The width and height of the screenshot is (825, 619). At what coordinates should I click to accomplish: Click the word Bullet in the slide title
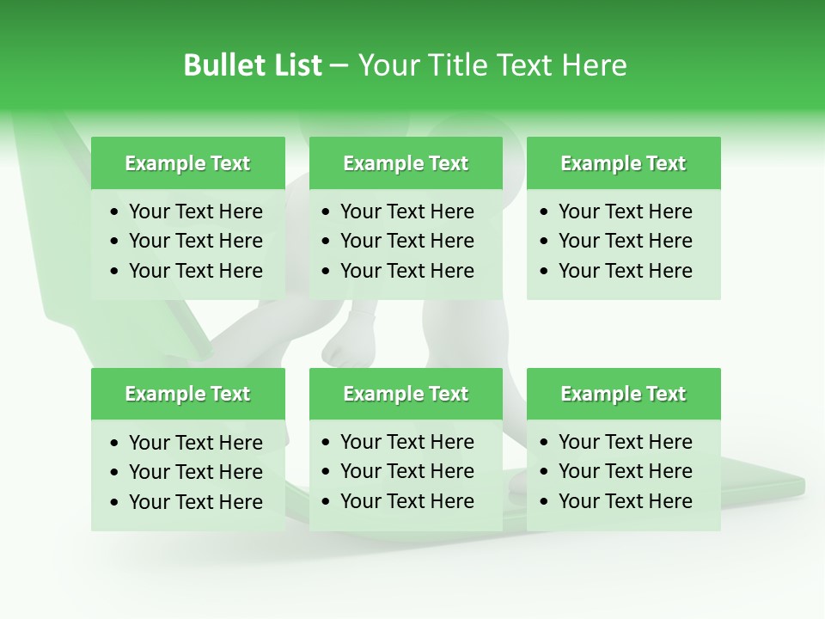[x=222, y=65]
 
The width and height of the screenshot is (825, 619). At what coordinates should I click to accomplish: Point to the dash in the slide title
[x=339, y=66]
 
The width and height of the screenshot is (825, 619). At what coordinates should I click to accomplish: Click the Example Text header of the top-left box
[x=187, y=163]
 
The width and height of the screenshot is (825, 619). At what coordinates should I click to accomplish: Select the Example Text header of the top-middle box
[x=406, y=163]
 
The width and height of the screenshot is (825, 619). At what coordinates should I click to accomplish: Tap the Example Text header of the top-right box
[x=623, y=163]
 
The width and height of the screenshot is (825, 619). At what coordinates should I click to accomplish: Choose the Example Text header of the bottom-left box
[x=187, y=394]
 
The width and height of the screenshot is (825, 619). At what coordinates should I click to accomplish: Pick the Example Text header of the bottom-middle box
[x=406, y=394]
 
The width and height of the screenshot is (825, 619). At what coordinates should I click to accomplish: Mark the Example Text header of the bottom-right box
[x=623, y=394]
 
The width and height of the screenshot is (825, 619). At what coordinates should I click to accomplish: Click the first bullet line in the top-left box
[x=196, y=211]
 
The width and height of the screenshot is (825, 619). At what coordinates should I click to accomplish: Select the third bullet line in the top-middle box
[x=407, y=271]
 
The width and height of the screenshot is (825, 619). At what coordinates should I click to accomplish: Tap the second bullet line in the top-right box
[x=626, y=241]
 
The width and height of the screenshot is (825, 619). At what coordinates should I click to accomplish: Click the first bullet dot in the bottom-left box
[x=115, y=444]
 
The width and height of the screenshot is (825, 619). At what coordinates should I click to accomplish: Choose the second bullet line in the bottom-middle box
[x=407, y=471]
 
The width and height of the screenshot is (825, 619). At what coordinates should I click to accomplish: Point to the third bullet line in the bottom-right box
[x=626, y=501]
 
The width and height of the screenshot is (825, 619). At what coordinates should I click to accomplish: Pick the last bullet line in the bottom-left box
[x=196, y=502]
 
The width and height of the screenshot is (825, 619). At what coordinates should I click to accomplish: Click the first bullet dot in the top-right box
[x=545, y=212]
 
